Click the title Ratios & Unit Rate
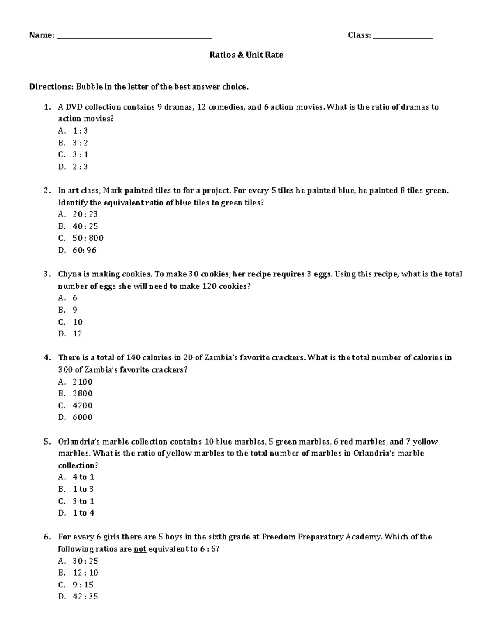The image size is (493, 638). coord(246,55)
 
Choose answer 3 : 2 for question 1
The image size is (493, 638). coord(80,143)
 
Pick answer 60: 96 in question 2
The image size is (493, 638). coord(84,250)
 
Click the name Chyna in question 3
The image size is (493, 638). coord(69,274)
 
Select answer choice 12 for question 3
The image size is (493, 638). coord(77,334)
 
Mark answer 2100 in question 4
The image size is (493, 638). coord(82,382)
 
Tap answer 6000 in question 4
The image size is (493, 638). coord(82,417)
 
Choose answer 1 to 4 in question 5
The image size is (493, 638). coord(83,513)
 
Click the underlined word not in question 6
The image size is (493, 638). coord(140,549)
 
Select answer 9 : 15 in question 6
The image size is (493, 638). coord(83,585)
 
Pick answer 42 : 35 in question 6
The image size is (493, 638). coord(85,597)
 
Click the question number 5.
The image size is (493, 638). coord(46,442)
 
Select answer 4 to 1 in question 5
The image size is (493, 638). coord(83,477)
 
